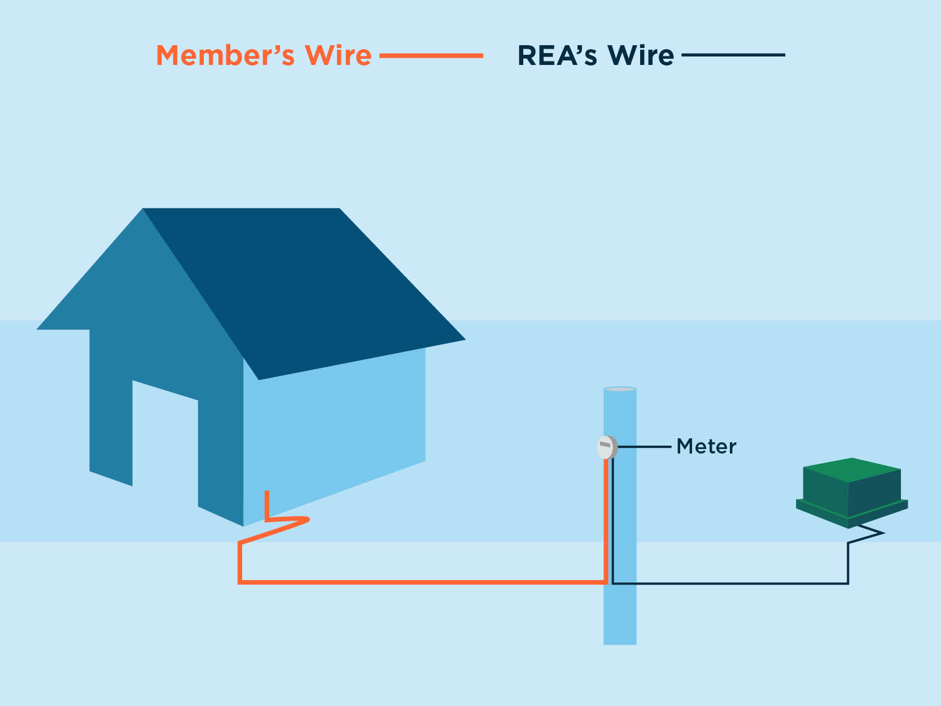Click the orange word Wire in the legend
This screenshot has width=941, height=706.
[338, 55]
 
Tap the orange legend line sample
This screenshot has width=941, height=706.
[431, 55]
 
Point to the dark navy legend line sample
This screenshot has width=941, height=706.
[733, 55]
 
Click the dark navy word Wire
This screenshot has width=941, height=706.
[641, 55]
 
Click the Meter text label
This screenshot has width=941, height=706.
[706, 447]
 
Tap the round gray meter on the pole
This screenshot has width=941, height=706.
[606, 447]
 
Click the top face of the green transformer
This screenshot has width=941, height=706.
[852, 469]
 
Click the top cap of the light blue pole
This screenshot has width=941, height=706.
[620, 389]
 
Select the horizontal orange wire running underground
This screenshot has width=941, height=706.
[423, 581]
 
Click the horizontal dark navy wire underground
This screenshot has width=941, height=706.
[734, 583]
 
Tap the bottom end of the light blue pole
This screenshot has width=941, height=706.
[620, 641]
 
